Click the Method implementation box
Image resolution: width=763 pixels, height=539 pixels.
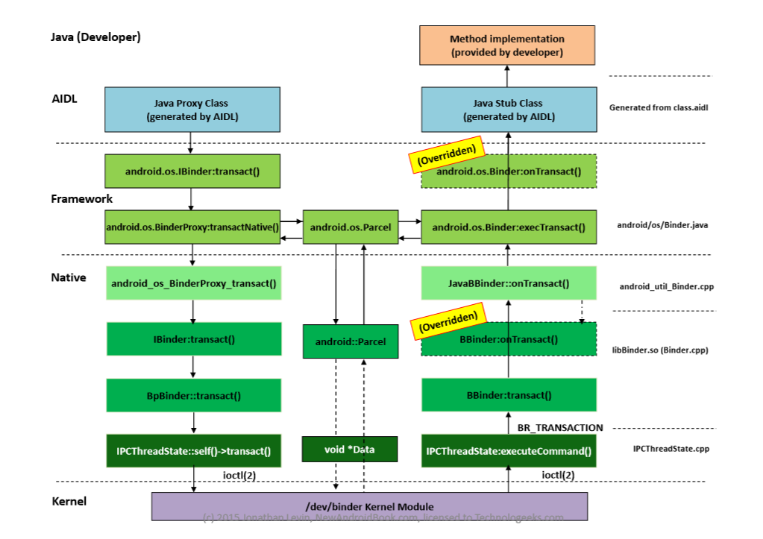[x=507, y=45]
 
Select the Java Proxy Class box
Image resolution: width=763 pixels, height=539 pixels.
[x=192, y=110]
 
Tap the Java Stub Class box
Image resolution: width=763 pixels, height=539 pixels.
[x=509, y=110]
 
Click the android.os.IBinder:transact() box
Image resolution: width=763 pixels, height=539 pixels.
[x=192, y=171]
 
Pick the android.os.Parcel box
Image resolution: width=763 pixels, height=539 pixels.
[x=350, y=227]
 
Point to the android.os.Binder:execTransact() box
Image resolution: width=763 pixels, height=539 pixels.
[x=509, y=227]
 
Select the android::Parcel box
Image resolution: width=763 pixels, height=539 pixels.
[x=350, y=341]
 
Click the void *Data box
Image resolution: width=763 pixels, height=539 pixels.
[x=350, y=450]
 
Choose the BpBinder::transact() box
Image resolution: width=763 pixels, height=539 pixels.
[x=193, y=396]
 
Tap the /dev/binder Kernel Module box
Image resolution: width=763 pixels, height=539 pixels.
[x=368, y=507]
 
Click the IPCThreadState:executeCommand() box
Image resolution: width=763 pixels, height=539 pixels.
[x=509, y=451]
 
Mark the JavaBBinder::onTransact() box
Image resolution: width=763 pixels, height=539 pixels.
[x=509, y=283]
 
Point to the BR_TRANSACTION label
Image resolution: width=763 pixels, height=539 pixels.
[x=560, y=428]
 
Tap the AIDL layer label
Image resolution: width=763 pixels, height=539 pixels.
[x=64, y=98]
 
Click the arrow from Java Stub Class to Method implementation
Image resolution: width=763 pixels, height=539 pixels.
[x=508, y=76]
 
